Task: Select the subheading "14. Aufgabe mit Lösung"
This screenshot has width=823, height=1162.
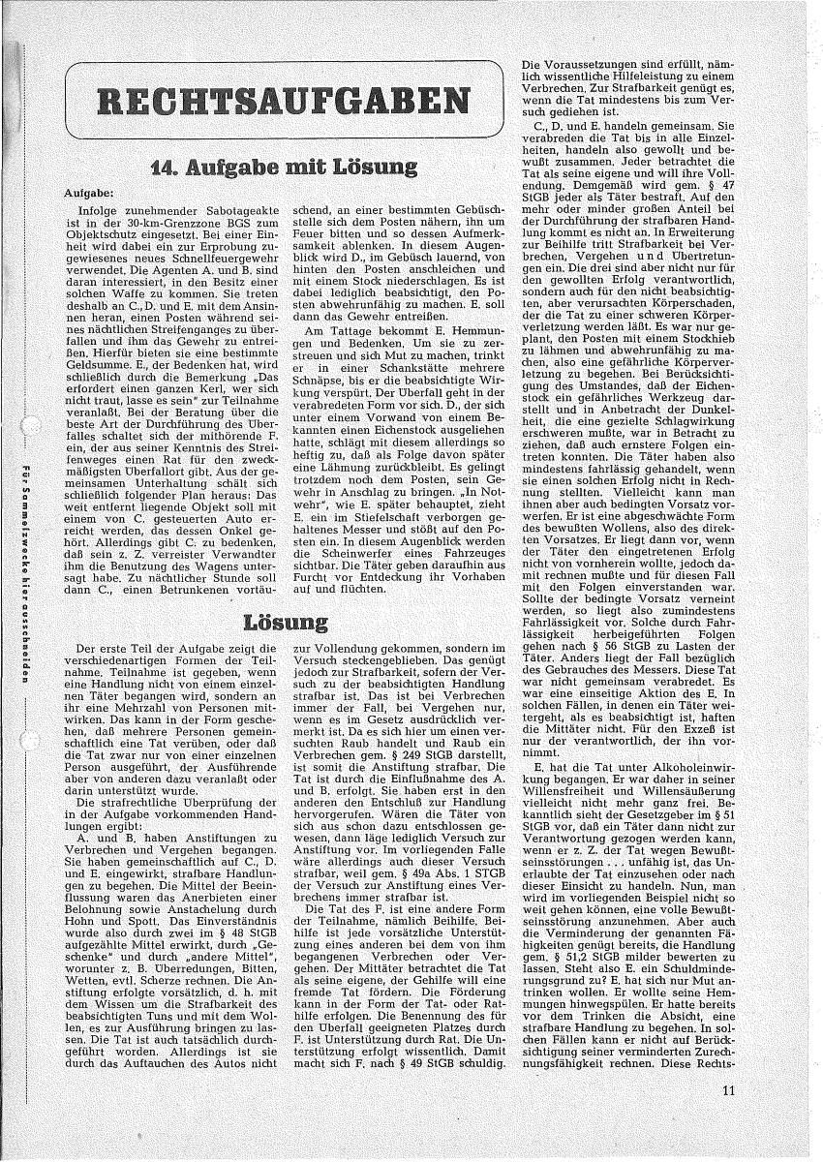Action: pyautogui.click(x=270, y=167)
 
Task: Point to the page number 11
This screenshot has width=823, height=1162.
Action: pyautogui.click(x=728, y=1116)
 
